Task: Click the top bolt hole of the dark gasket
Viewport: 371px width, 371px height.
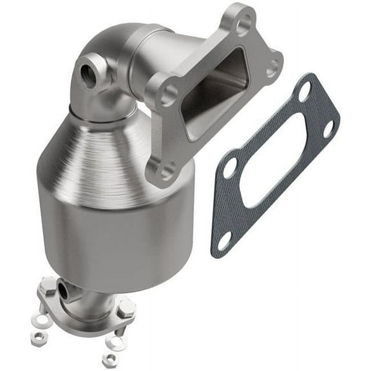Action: point(304,91)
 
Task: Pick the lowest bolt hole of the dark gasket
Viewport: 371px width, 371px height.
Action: point(225,241)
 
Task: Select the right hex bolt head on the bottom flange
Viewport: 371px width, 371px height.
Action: point(127,308)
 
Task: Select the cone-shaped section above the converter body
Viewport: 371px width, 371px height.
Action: point(97,151)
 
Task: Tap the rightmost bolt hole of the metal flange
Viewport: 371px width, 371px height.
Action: point(274,65)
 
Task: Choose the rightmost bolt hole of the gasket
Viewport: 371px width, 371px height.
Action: point(329,128)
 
